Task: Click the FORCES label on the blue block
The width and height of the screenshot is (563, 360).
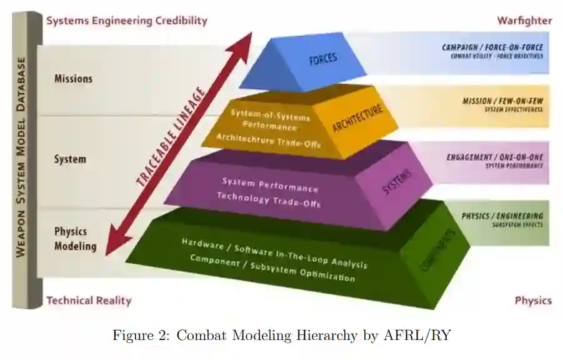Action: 322,59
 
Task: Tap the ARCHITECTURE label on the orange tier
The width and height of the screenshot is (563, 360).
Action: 357,119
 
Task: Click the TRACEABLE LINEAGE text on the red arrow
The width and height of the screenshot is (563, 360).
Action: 171,138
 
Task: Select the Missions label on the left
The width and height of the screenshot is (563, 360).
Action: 73,79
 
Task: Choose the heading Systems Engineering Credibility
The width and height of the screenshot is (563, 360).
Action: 127,21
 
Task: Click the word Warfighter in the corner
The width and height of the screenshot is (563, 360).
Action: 524,21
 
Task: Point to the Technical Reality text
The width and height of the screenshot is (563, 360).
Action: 89,301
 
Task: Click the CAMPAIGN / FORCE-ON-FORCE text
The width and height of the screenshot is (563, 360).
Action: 492,47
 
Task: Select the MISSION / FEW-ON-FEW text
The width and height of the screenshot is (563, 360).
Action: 502,101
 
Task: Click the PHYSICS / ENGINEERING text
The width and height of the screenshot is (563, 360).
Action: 502,216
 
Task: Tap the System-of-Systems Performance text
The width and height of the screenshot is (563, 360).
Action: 270,119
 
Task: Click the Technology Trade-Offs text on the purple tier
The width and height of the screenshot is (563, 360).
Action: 269,199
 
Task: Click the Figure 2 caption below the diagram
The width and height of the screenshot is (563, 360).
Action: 281,336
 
